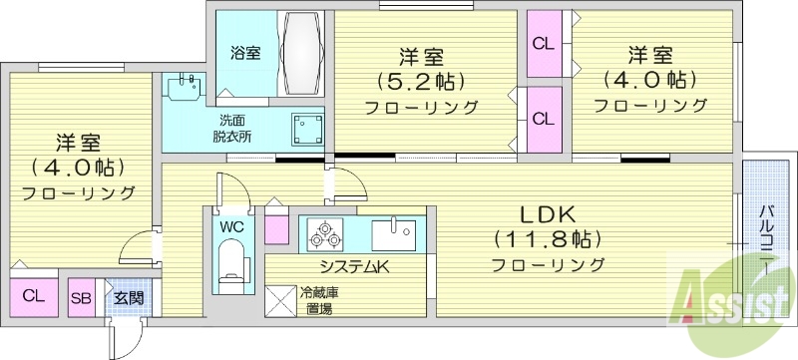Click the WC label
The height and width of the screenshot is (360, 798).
click(x=232, y=226)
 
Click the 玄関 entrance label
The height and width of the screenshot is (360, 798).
click(x=127, y=296)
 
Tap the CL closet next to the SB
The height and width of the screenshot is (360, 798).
click(x=33, y=295)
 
